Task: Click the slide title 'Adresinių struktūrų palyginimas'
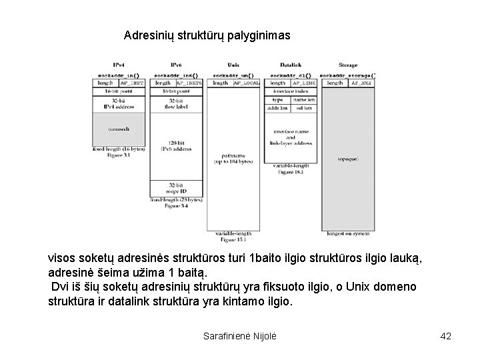click(x=207, y=35)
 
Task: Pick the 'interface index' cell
click(x=291, y=91)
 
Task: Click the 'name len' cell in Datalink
click(x=305, y=99)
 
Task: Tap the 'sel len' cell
click(x=305, y=107)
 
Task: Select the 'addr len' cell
click(x=278, y=107)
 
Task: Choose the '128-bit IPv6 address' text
click(x=176, y=147)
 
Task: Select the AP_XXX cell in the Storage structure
click(x=360, y=83)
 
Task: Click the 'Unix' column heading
click(x=233, y=65)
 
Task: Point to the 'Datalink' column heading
click(x=291, y=65)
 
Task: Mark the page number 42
click(x=446, y=336)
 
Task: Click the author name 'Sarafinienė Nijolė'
click(x=239, y=336)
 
